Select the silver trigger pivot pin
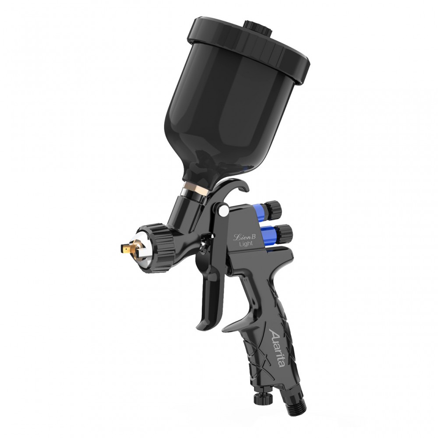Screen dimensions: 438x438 pyautogui.click(x=223, y=212)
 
